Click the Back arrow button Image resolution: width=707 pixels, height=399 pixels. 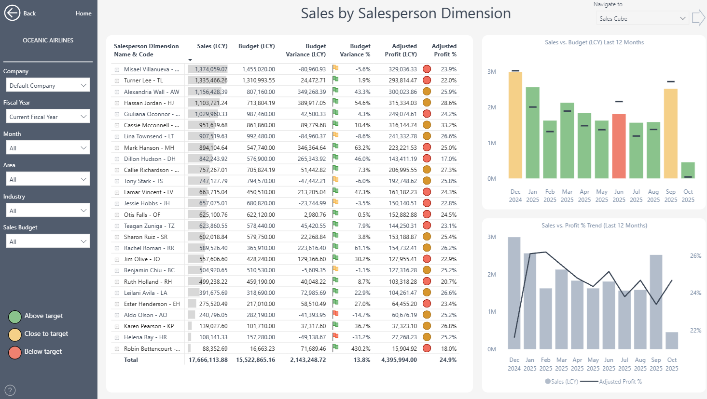coord(12,13)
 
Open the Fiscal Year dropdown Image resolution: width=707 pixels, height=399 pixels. coord(47,117)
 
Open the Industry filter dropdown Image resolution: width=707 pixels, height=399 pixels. coord(47,211)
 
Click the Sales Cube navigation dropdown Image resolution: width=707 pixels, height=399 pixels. coord(642,19)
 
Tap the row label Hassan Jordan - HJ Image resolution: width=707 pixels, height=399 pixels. coord(149,103)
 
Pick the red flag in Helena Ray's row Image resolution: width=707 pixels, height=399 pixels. coord(335,337)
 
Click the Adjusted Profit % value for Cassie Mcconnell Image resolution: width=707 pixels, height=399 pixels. coord(448,125)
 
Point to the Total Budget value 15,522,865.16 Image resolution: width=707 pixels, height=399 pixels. coord(255,360)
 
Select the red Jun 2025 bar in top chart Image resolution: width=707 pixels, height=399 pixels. coord(619,146)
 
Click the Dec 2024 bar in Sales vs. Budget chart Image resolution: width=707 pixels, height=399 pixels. coord(515,125)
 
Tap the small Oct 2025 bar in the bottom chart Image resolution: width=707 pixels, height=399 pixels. coord(672,340)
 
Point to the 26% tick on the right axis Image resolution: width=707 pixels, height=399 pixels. coord(695,256)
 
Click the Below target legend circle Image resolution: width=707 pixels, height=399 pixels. coord(15,352)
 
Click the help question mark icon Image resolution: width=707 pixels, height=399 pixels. coord(10,390)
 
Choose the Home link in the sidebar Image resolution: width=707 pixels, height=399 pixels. coord(83,13)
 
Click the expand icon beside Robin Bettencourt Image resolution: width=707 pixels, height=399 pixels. coord(117,349)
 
